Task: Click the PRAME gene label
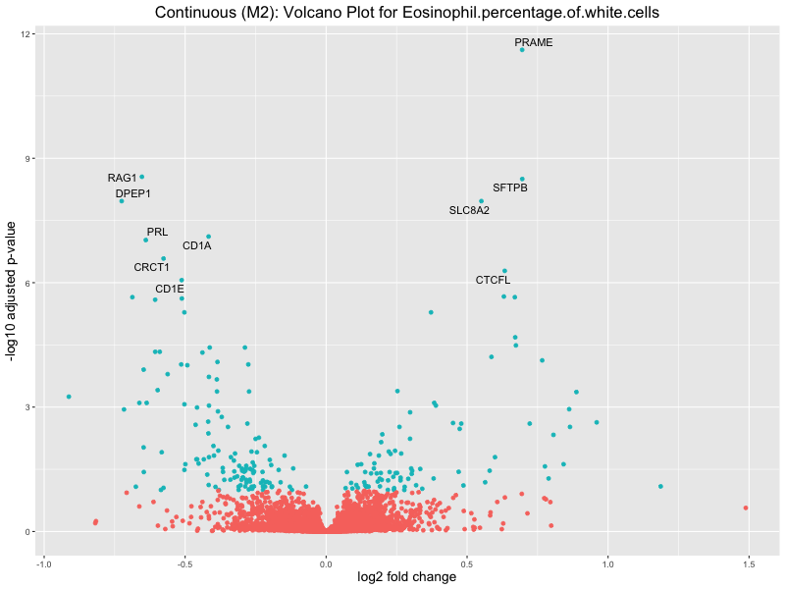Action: click(x=534, y=43)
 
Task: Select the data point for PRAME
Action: click(x=522, y=49)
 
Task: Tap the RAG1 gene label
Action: click(x=123, y=178)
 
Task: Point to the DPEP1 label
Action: click(x=133, y=193)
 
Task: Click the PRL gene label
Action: click(x=157, y=232)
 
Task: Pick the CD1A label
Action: click(x=196, y=245)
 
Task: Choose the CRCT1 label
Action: click(x=152, y=267)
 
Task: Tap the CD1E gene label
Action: click(x=169, y=289)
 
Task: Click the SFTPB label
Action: click(x=510, y=187)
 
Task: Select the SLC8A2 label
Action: click(x=469, y=210)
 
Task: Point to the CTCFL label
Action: click(x=493, y=281)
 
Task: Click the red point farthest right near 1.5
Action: click(x=746, y=508)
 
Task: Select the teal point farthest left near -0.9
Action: click(x=69, y=397)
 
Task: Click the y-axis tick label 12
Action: click(x=27, y=34)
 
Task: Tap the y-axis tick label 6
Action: click(x=30, y=283)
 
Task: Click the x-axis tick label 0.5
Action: click(x=467, y=564)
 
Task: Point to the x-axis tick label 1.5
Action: click(x=749, y=564)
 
